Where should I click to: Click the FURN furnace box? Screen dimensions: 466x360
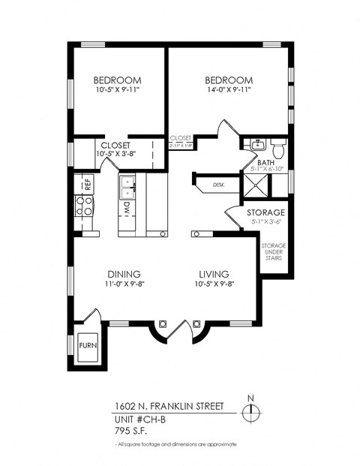coord(87,345)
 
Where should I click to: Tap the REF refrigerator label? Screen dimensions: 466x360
coord(87,182)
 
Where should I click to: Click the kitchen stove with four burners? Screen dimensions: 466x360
coord(83,206)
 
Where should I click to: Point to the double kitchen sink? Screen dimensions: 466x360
coord(127,182)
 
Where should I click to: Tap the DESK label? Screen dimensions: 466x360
coord(218,184)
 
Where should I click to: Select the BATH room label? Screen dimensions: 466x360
coord(265,162)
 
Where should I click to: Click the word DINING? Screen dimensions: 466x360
coord(124,274)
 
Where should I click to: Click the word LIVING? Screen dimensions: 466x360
coord(214,274)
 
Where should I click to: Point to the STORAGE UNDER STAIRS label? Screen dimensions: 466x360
coord(273,253)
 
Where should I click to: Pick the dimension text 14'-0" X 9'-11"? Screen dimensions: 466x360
coord(225,90)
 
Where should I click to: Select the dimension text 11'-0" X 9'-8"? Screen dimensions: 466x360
coord(124,284)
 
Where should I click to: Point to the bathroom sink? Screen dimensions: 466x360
coord(254,144)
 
